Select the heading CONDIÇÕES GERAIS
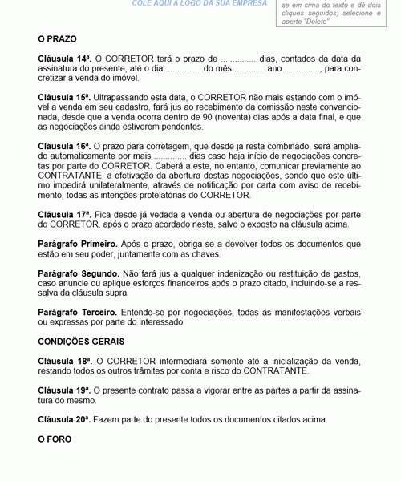pyautogui.click(x=83, y=341)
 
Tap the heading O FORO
pyautogui.click(x=55, y=439)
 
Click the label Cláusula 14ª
pyautogui.click(x=64, y=59)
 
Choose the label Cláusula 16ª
pyautogui.click(x=64, y=147)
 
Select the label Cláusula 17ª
pyautogui.click(x=64, y=216)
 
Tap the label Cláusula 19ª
pyautogui.click(x=64, y=390)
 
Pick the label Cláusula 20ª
pyautogui.click(x=64, y=419)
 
